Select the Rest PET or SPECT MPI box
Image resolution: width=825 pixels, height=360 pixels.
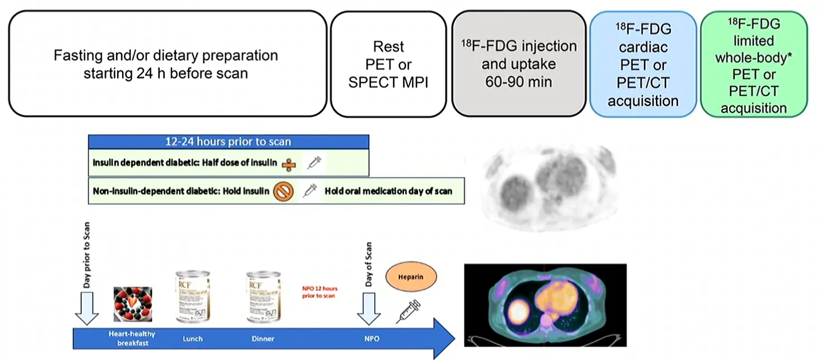(x=388, y=64)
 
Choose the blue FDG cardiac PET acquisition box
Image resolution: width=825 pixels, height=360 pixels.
(x=643, y=64)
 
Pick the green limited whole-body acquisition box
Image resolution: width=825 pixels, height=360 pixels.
(x=754, y=64)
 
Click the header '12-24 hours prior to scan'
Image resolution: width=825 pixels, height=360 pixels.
(x=228, y=141)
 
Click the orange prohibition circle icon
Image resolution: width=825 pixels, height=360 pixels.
(x=284, y=192)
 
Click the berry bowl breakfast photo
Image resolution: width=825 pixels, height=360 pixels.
(x=133, y=305)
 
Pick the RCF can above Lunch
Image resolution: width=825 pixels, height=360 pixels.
(x=192, y=297)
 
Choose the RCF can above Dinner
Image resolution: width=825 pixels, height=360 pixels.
(x=263, y=297)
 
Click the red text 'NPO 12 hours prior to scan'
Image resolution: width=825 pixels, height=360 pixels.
(x=319, y=292)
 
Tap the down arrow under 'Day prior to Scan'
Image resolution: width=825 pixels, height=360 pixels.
(x=87, y=312)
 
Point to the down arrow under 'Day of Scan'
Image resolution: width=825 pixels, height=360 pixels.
(x=369, y=312)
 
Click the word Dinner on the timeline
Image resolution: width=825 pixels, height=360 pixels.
(x=263, y=339)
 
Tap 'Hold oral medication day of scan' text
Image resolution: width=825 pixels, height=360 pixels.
(x=388, y=191)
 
